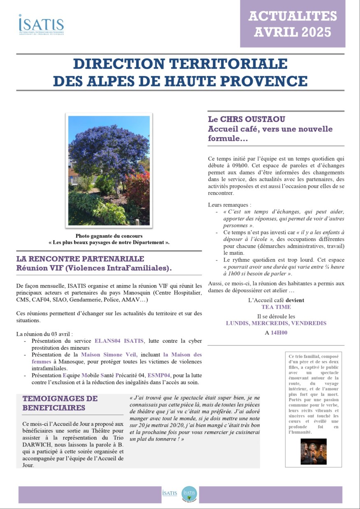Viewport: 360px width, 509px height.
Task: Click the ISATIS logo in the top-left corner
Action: pyautogui.click(x=41, y=24)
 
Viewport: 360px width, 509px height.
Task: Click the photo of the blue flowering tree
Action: pyautogui.click(x=109, y=170)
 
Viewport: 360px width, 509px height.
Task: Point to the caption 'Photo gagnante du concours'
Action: pyautogui.click(x=109, y=236)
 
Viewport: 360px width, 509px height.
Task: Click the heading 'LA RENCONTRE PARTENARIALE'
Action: pyautogui.click(x=80, y=259)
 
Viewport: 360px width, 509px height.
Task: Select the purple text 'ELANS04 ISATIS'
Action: pyautogui.click(x=119, y=341)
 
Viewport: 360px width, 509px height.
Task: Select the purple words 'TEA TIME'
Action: pyautogui.click(x=276, y=307)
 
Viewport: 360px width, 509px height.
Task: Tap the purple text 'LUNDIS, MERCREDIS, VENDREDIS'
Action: pyautogui.click(x=276, y=323)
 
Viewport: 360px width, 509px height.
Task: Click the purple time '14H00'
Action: pyautogui.click(x=279, y=333)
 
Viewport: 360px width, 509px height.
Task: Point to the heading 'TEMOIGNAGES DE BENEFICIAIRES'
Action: pyautogui.click(x=60, y=403)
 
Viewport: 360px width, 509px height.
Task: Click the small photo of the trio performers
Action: pyautogui.click(x=314, y=451)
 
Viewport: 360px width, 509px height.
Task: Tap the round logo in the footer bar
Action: pyautogui.click(x=189, y=493)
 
